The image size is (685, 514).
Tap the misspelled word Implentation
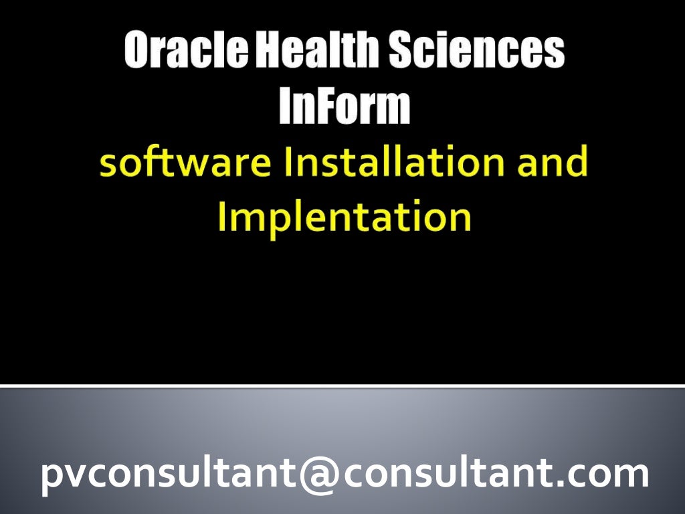coord(344,218)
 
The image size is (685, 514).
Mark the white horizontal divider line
coord(342,386)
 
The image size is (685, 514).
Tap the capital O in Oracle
coord(138,52)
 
